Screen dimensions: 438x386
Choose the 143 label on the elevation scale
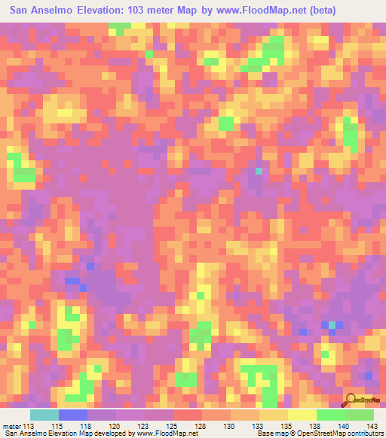[371, 426]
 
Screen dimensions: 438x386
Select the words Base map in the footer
[256, 434]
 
